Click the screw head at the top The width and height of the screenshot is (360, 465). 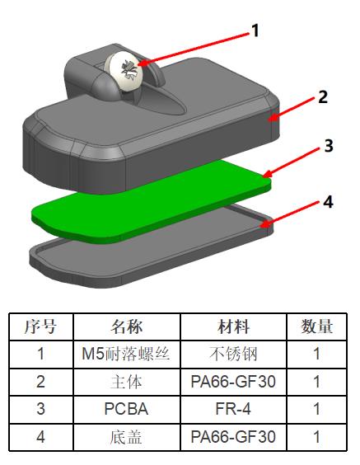tap(124, 71)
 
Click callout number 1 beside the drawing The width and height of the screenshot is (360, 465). tap(255, 31)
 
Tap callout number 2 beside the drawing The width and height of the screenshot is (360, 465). tap(323, 96)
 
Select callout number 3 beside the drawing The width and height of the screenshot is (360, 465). tap(329, 145)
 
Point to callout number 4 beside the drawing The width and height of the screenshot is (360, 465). tap(328, 202)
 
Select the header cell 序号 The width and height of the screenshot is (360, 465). tap(41, 326)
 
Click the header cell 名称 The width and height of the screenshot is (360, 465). tap(127, 326)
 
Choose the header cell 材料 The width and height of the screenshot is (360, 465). tap(233, 326)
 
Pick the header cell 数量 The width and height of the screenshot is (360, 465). tap(316, 326)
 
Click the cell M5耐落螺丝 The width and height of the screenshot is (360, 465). tap(127, 354)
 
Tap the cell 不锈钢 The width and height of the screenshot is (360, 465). tap(233, 354)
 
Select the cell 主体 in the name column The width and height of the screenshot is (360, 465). tap(127, 382)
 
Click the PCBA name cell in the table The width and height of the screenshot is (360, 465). tap(127, 409)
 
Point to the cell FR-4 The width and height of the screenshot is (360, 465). tap(233, 409)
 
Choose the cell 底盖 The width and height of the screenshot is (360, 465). tap(127, 437)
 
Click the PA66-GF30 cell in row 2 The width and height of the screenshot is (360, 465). tap(233, 382)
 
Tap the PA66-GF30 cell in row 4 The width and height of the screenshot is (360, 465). tap(233, 437)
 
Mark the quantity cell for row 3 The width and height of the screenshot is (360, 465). tap(316, 409)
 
